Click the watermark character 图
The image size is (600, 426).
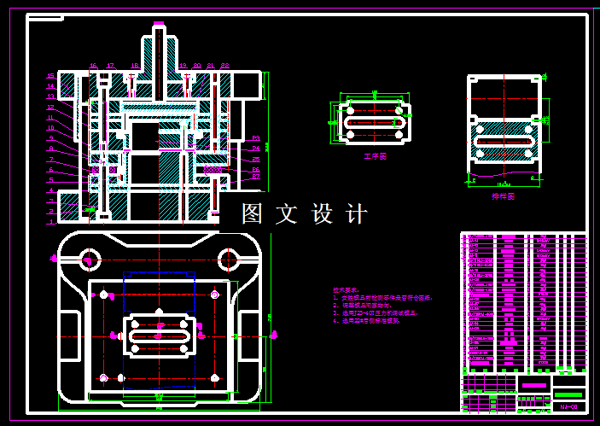pos(253,213)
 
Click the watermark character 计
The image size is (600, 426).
pos(358,213)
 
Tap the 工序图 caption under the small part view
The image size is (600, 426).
pos(375,157)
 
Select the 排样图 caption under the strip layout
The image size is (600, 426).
pos(504,195)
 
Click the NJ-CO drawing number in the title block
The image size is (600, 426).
pos(569,407)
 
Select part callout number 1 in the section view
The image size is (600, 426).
pos(50,222)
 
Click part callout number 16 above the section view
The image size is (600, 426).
pos(94,65)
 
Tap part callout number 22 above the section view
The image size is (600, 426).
pos(224,65)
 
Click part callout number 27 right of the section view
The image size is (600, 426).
pos(255,178)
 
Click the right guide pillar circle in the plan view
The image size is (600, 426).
pos(228,258)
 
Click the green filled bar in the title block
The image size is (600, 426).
pos(569,394)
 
